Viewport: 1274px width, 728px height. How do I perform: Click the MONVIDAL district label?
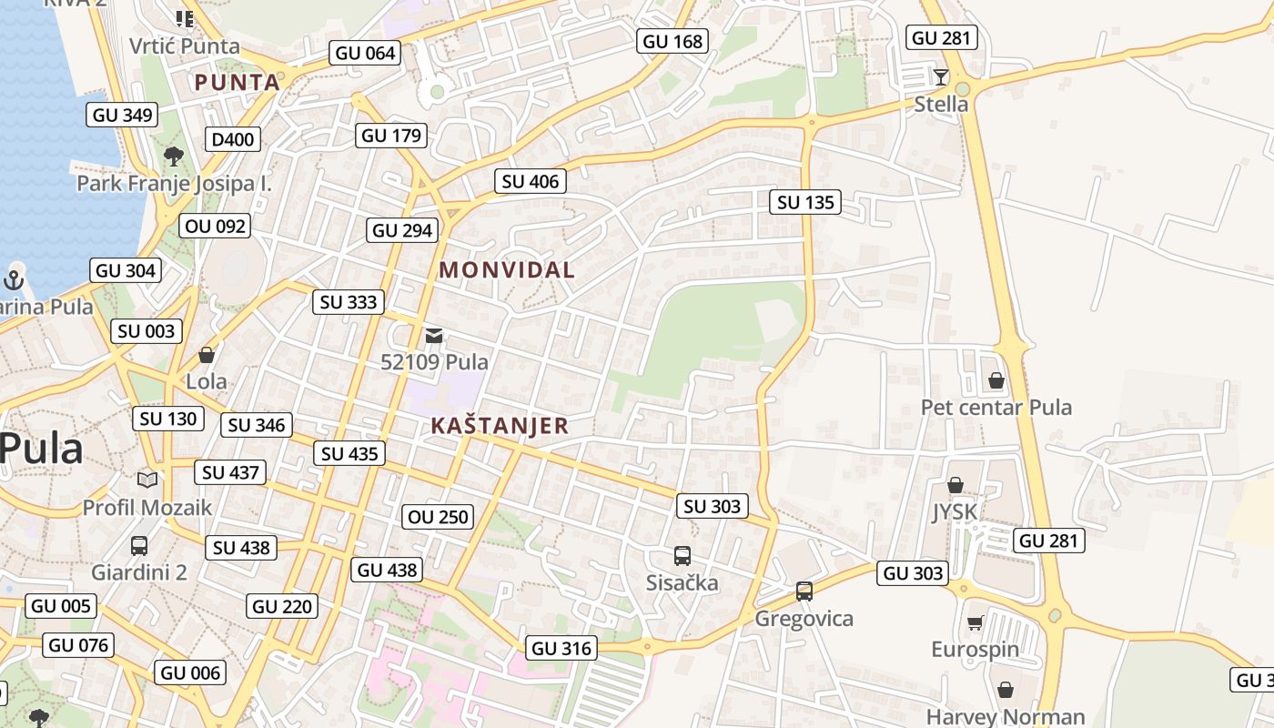(507, 269)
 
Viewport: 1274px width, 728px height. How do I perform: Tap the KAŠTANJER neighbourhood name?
(500, 425)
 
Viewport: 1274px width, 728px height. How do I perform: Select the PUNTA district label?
(238, 82)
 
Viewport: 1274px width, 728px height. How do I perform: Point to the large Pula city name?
(42, 449)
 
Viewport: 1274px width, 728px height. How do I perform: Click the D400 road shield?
(233, 139)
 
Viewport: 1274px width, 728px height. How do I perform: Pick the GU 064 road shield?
(366, 53)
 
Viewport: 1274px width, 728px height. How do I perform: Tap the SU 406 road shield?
(531, 181)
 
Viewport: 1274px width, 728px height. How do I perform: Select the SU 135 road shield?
(805, 202)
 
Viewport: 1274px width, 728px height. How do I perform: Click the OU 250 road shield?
(439, 517)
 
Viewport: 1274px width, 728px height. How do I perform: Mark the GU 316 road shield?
(561, 648)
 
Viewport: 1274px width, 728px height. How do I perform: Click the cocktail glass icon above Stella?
(941, 76)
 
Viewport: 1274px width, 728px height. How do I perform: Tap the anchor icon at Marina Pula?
(14, 279)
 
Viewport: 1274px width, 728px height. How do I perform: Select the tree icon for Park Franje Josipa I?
(174, 157)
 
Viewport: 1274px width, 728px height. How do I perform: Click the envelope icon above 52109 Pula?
(434, 336)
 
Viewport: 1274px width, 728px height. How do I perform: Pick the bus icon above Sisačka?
(682, 555)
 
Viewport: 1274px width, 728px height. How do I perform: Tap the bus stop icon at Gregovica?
(804, 591)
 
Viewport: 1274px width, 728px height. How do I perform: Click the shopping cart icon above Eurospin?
(976, 622)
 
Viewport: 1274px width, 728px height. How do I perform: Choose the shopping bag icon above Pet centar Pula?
(996, 380)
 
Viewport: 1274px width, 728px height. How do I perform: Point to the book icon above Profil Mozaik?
(147, 480)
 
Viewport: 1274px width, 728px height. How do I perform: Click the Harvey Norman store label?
(1006, 717)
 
